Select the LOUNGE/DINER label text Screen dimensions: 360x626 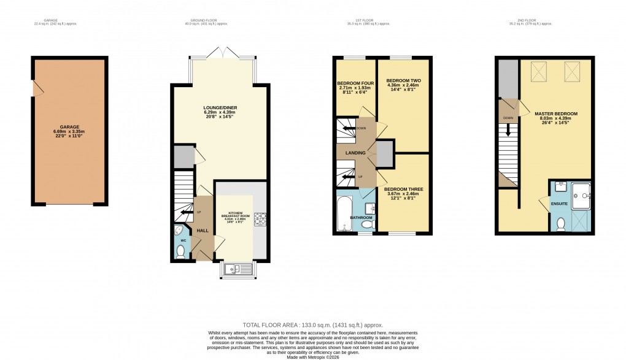(220, 108)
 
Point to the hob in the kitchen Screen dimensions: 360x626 (260, 218)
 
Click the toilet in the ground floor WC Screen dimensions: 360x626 (180, 251)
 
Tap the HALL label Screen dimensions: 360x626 (202, 231)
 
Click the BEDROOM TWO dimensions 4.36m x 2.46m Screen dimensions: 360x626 (402, 86)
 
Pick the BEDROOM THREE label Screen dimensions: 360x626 (401, 188)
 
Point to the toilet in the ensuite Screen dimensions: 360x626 (560, 225)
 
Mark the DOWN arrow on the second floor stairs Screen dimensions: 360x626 (508, 130)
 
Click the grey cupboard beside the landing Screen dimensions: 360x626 (385, 154)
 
